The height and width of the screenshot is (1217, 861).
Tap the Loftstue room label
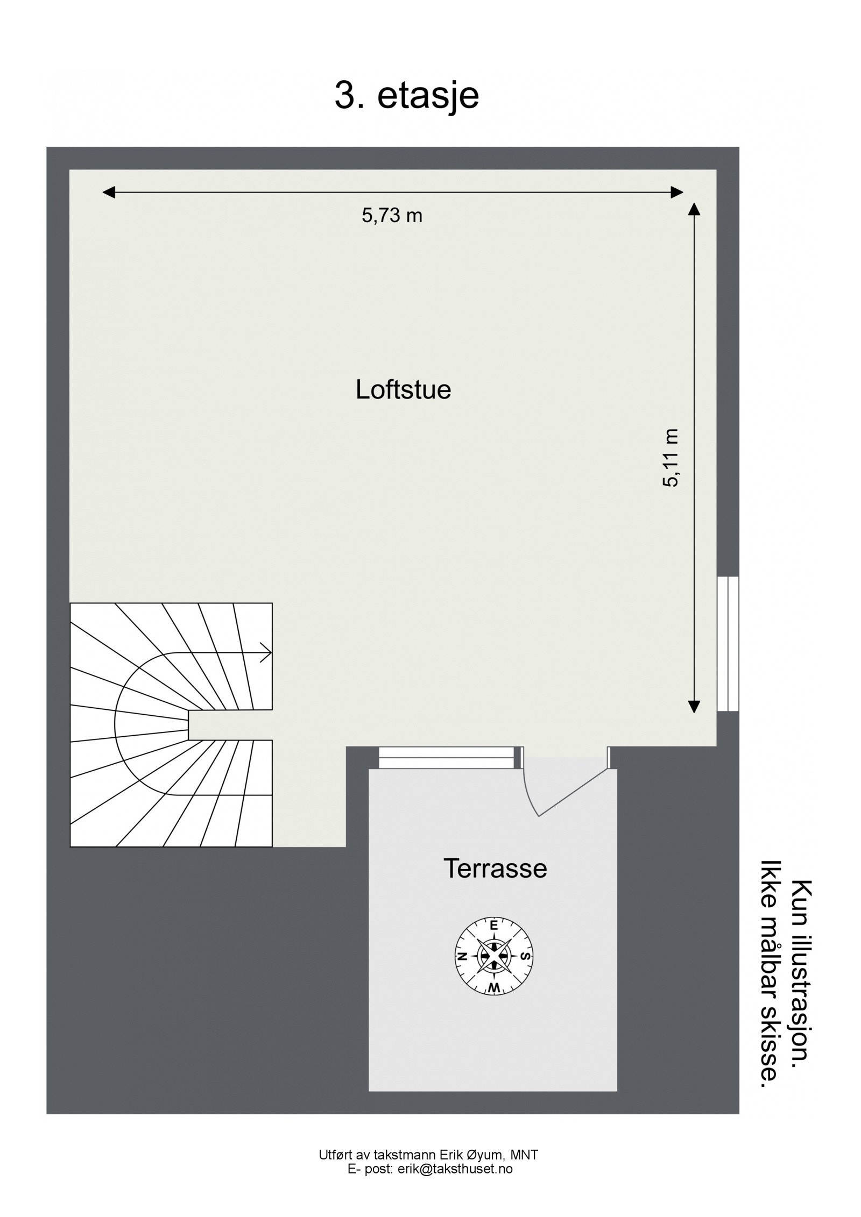(x=403, y=389)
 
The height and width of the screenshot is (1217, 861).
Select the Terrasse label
(x=495, y=868)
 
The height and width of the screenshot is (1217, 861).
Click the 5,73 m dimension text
(x=392, y=216)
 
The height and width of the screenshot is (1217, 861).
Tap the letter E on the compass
(x=493, y=926)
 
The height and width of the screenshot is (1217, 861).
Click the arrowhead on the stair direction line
(x=266, y=652)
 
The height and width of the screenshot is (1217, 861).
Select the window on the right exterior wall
(x=728, y=644)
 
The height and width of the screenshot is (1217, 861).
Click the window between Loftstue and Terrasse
(x=446, y=757)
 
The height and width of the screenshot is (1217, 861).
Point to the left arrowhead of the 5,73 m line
(x=109, y=192)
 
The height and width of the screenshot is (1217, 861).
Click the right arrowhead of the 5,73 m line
(x=677, y=192)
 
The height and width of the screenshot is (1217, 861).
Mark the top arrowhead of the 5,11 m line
(x=694, y=208)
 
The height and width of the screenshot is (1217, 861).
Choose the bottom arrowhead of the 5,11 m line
(x=694, y=707)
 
